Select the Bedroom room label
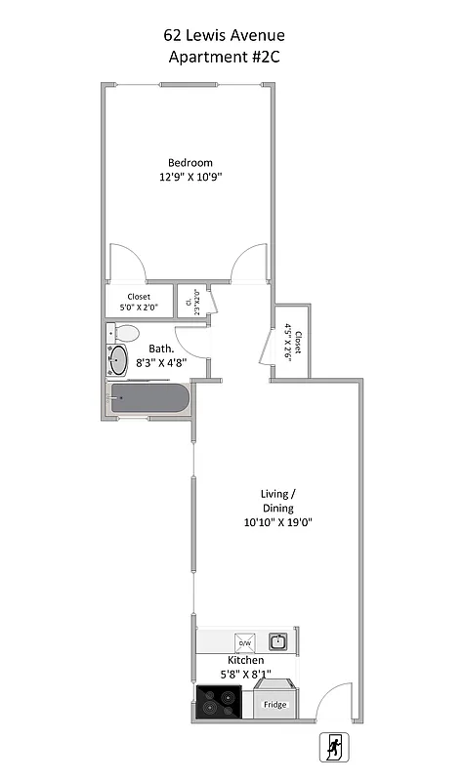click(190, 163)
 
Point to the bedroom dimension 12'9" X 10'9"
click(190, 178)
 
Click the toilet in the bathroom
click(124, 334)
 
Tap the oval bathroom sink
click(118, 360)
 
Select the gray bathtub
click(148, 398)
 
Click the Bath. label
click(161, 349)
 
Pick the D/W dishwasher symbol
click(245, 642)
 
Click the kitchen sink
click(277, 641)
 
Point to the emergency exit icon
click(335, 748)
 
